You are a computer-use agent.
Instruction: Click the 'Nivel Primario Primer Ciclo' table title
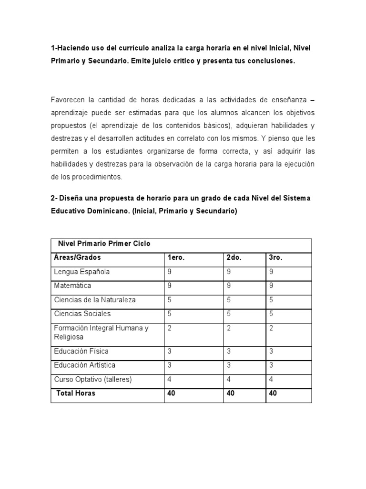pos(104,244)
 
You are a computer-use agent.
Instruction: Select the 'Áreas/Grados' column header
pos(77,257)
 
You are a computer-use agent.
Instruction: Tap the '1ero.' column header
pos(176,257)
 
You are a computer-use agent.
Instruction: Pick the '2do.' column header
pos(234,257)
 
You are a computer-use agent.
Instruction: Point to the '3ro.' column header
pos(275,257)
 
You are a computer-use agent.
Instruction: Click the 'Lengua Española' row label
pos(82,272)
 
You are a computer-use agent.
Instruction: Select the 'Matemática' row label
pos(72,286)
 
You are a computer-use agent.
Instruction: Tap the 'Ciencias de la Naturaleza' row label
pos(95,300)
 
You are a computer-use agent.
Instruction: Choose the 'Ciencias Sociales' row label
pos(82,314)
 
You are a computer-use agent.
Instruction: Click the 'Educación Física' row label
pos(81,351)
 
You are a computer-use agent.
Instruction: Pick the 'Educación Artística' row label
pos(85,365)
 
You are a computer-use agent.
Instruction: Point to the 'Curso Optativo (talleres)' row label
pos(93,379)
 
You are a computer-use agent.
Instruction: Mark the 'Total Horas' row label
pos(76,393)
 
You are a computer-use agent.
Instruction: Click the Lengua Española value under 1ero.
pos(169,272)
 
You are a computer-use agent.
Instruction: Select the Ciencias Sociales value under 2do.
pos(228,314)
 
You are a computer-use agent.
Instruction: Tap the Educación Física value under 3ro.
pos(271,351)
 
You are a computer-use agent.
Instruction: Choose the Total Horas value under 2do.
pos(231,393)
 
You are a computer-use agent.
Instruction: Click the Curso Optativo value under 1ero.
pos(169,379)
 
